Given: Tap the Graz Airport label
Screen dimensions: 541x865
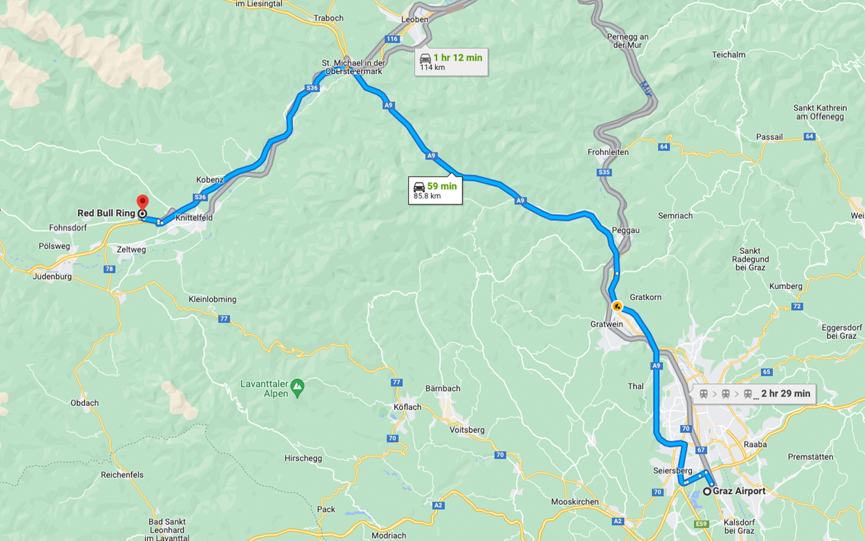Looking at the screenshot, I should pyautogui.click(x=738, y=491).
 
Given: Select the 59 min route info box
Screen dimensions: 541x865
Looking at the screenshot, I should pyautogui.click(x=435, y=190).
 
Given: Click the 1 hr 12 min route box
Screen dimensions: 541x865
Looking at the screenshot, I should pyautogui.click(x=451, y=62).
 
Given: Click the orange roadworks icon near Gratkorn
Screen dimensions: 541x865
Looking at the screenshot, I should pyautogui.click(x=617, y=307).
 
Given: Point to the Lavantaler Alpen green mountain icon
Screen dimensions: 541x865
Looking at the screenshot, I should pyautogui.click(x=297, y=387).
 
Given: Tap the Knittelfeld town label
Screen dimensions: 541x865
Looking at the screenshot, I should pyautogui.click(x=194, y=218).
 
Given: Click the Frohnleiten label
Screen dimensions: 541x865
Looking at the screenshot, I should pyautogui.click(x=608, y=153).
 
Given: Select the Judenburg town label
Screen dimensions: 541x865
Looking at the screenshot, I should pyautogui.click(x=52, y=276).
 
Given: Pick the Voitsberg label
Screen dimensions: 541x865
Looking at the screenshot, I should pyautogui.click(x=467, y=430).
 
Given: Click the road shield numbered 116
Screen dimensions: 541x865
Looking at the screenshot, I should pyautogui.click(x=392, y=39).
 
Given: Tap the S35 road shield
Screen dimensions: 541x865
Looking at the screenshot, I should pyautogui.click(x=604, y=173).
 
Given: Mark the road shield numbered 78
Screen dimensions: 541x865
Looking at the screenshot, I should pyautogui.click(x=109, y=269).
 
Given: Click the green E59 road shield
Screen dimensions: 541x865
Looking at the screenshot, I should pyautogui.click(x=701, y=524).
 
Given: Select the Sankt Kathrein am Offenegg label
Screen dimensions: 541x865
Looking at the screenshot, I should pyautogui.click(x=820, y=112).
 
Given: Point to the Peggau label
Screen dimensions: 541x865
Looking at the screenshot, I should pyautogui.click(x=626, y=230).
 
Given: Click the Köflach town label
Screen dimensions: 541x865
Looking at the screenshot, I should pyautogui.click(x=407, y=407).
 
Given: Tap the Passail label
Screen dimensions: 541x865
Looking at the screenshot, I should pyautogui.click(x=769, y=137).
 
